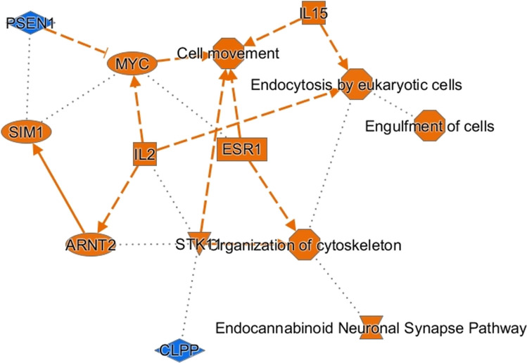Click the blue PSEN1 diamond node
click(x=28, y=23)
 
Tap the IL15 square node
click(x=315, y=13)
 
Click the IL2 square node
click(x=144, y=154)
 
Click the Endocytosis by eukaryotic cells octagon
click(x=355, y=83)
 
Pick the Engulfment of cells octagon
click(x=429, y=125)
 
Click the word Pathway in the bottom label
click(x=498, y=327)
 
